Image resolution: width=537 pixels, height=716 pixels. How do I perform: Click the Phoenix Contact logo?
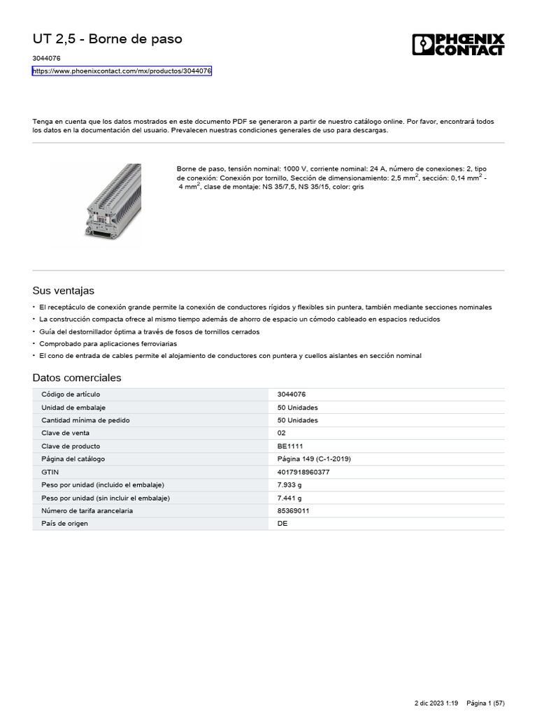pos(458,44)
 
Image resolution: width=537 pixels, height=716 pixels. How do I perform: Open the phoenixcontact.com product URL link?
pos(122,71)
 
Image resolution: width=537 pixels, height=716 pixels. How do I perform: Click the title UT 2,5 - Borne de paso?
pos(107,39)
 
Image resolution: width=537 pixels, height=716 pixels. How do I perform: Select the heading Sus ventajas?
pos(63,290)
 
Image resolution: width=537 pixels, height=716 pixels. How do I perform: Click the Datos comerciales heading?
pos(77,378)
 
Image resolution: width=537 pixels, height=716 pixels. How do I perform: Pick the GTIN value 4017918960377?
pos(303,472)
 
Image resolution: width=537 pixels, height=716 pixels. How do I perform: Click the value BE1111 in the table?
pos(290,446)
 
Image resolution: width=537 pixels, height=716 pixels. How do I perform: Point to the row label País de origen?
pos(65,523)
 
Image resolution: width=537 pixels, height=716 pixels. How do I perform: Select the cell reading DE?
pos(282,523)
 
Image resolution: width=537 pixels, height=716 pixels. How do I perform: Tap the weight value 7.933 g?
pos(290,485)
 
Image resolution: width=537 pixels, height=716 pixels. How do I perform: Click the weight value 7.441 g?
pos(290,498)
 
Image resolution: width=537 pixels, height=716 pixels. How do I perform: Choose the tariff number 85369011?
pos(294,510)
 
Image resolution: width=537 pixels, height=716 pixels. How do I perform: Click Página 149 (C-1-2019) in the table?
pos(314,459)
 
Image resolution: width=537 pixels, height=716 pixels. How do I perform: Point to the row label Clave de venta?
pos(66,433)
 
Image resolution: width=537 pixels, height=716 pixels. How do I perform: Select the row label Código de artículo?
pos(71,394)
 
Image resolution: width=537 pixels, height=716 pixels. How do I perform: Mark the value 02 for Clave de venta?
pos(282,433)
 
